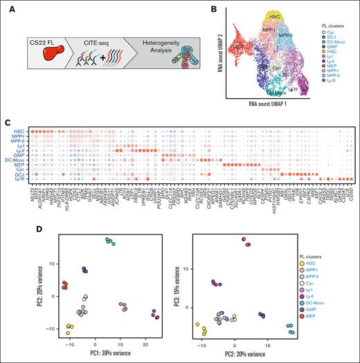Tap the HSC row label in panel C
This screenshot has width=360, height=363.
21,131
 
